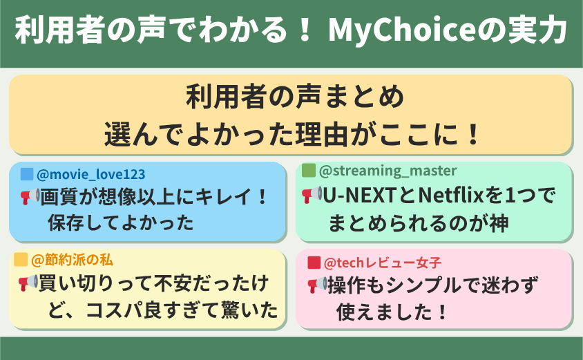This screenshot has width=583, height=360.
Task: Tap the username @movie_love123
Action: (x=90, y=174)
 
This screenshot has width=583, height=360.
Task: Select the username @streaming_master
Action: (x=388, y=171)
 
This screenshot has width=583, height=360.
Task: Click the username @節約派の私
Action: (x=72, y=260)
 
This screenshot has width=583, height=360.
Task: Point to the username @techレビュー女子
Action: (x=383, y=263)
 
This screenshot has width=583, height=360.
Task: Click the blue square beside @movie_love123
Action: (x=27, y=174)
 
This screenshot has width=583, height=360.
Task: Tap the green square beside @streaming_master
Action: (x=308, y=171)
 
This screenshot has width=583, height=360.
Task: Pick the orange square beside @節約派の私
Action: (x=21, y=260)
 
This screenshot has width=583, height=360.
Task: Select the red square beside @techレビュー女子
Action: (x=314, y=263)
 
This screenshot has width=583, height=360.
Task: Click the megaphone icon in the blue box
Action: (x=30, y=196)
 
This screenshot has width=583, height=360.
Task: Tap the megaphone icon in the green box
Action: (x=312, y=195)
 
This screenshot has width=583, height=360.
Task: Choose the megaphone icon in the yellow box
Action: (x=28, y=283)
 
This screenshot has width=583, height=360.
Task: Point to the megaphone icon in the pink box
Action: (x=318, y=285)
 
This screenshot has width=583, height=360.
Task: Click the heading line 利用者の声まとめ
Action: (x=295, y=97)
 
